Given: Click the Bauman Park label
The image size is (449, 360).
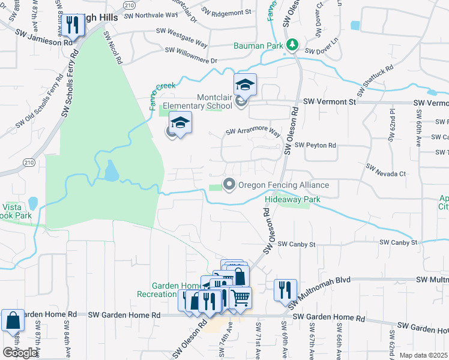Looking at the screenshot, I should point(259,46).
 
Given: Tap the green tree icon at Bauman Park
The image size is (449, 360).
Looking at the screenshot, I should point(292,44).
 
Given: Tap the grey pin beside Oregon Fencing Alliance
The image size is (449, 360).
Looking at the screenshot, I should point(229,185).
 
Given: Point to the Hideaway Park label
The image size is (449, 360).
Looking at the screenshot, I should point(293,199).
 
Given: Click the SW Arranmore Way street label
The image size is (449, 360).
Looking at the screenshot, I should point(253,131).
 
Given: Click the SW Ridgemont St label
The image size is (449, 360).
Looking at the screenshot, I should point(226,12).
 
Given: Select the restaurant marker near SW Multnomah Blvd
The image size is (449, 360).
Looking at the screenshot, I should point(285,290).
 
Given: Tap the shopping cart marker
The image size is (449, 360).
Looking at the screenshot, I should point(240,297).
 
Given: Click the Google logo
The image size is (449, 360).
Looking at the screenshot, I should point(20,353).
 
